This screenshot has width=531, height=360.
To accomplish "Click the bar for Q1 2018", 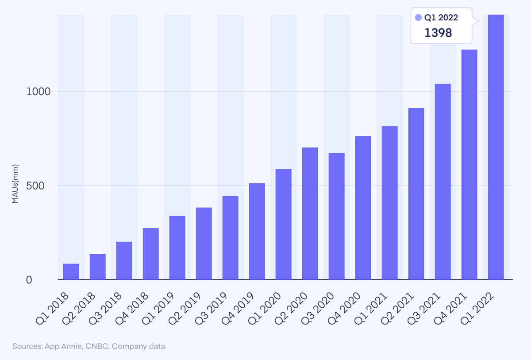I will pos(71,271).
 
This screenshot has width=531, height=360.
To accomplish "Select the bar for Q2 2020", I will pos(310,213).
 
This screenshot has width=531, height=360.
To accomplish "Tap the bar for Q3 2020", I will pos(336,216).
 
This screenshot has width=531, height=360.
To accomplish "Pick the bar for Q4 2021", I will pos(469,164).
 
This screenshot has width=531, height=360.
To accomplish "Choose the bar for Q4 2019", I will pos(257,231).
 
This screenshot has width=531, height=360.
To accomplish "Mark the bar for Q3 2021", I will pos(442,182).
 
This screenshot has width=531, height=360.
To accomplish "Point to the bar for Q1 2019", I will pos(177,248).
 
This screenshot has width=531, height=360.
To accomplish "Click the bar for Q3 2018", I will pos(124,260).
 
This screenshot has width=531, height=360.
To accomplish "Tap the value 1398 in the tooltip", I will pos(438,33).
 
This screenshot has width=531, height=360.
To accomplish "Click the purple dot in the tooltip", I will pos(418,18).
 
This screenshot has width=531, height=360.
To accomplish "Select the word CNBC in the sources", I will pos(96,346).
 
